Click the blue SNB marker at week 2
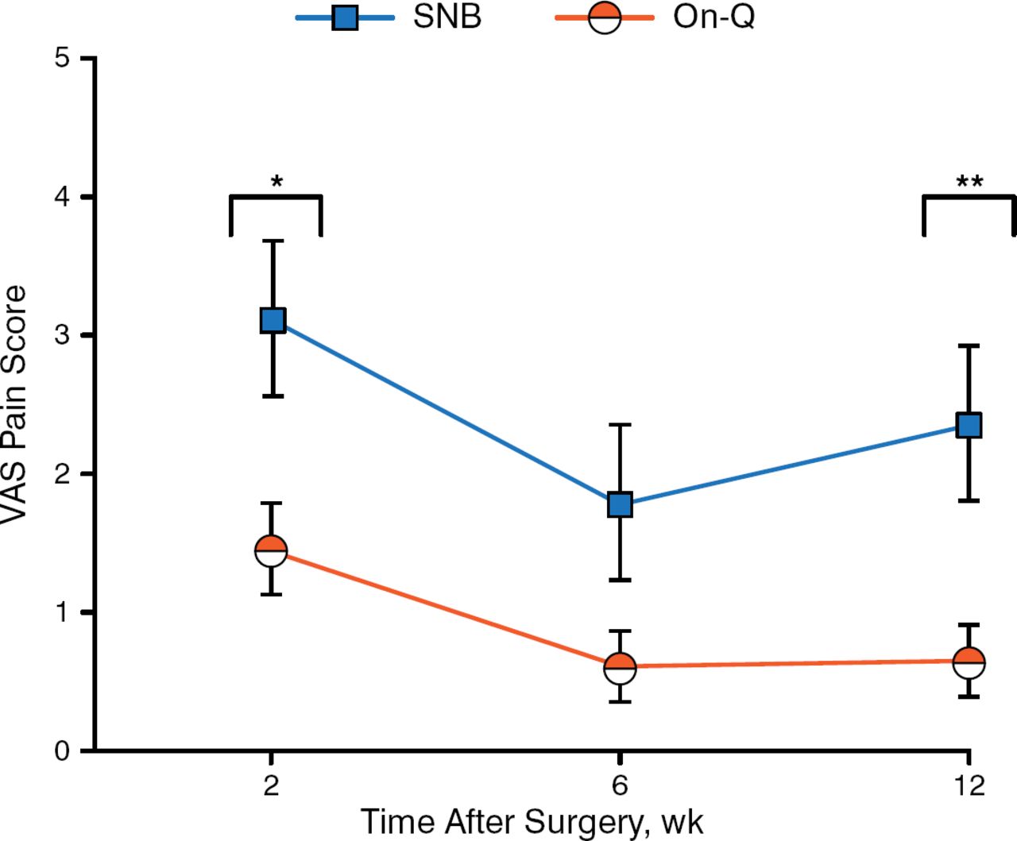click(273, 320)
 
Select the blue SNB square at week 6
click(620, 503)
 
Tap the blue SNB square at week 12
click(969, 425)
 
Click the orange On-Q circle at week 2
click(271, 550)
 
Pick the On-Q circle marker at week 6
click(620, 668)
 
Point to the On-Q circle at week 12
click(969, 662)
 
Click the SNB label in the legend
click(447, 17)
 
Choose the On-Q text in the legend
click(713, 17)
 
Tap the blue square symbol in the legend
click(345, 17)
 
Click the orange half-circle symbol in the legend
click(604, 17)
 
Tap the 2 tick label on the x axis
click(272, 785)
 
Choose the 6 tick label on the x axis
click(620, 785)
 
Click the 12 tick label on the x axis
click(969, 785)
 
